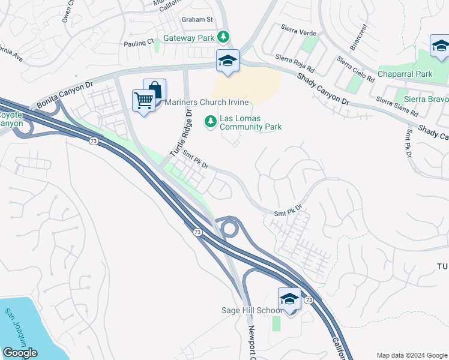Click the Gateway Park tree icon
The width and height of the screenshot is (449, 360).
(x=223, y=38)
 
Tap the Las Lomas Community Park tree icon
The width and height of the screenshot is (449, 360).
(x=211, y=122)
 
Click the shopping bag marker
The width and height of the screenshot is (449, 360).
(x=155, y=91)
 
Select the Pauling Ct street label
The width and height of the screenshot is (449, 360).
(x=139, y=43)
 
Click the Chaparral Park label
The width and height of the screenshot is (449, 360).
(x=405, y=74)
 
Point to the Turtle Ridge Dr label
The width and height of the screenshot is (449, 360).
(x=180, y=133)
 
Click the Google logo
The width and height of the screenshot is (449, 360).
(x=20, y=353)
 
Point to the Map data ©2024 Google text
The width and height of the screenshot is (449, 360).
(x=411, y=355)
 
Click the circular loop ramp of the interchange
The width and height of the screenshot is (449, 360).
(x=229, y=228)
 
